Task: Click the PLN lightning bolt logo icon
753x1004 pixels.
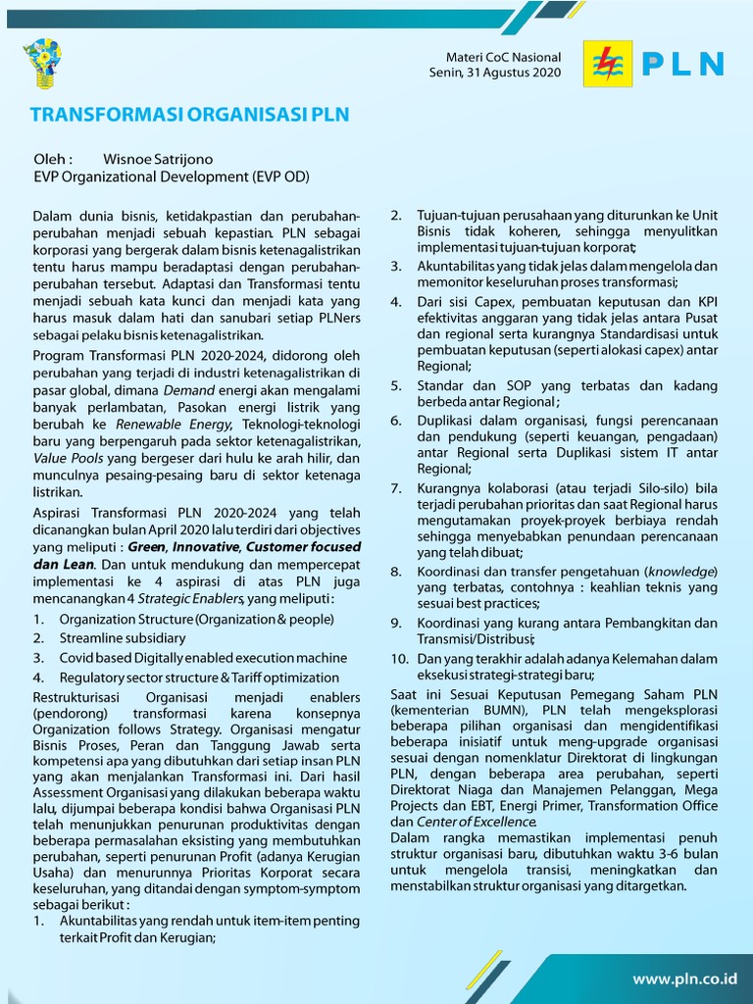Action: pyautogui.click(x=608, y=64)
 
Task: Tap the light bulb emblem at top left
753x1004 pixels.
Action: pyautogui.click(x=42, y=63)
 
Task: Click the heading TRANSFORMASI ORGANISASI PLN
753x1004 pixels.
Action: pyautogui.click(x=189, y=115)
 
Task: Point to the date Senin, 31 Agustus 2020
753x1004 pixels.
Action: pyautogui.click(x=495, y=73)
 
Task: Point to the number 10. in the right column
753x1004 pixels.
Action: pyautogui.click(x=399, y=658)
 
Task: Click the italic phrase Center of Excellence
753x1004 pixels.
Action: pyautogui.click(x=477, y=822)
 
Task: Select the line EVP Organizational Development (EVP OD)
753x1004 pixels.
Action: pyautogui.click(x=172, y=177)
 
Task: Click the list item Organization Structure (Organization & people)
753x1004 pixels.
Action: pyautogui.click(x=196, y=619)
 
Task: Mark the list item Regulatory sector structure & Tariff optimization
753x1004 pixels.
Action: pyautogui.click(x=199, y=678)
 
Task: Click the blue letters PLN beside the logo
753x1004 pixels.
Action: pyautogui.click(x=683, y=65)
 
